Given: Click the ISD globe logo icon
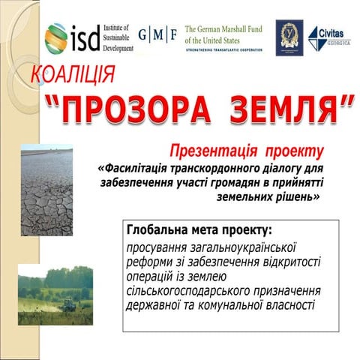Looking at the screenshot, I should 56,37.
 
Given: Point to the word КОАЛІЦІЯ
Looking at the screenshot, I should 73,75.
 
